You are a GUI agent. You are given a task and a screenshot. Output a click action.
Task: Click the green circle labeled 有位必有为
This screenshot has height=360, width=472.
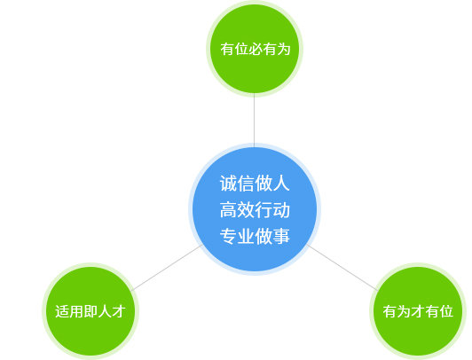(x=255, y=49)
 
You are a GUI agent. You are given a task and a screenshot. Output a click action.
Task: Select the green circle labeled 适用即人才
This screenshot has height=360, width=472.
(x=90, y=311)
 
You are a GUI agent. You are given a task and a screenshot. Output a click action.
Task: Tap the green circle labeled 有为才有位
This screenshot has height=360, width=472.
(x=418, y=311)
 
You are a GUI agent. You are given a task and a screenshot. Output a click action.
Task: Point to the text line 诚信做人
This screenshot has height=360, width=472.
(x=255, y=184)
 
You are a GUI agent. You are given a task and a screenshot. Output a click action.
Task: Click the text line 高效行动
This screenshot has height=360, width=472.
(x=255, y=209)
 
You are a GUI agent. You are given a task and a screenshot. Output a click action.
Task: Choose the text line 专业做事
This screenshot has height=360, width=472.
(x=255, y=236)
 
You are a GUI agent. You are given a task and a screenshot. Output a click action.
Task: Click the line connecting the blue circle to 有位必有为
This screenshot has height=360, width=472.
(x=254, y=121)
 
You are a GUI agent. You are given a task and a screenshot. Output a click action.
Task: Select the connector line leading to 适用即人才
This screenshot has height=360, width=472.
(x=167, y=268)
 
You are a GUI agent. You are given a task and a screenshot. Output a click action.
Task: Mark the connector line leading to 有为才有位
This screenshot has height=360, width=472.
(x=342, y=268)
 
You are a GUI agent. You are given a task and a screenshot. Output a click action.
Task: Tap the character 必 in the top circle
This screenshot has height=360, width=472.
(x=255, y=49)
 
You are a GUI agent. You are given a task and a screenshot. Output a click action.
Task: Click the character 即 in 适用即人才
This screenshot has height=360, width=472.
(x=90, y=311)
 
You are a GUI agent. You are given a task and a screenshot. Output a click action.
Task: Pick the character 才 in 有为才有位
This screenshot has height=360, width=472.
(x=418, y=311)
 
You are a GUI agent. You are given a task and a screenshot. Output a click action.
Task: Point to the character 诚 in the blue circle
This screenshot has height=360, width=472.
(x=228, y=184)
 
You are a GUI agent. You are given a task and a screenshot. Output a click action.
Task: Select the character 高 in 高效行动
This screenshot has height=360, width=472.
(x=228, y=209)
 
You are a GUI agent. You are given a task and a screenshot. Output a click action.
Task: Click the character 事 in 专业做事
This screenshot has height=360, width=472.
(x=281, y=236)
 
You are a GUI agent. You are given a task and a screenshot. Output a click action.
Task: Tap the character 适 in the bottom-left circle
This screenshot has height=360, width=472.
(x=62, y=311)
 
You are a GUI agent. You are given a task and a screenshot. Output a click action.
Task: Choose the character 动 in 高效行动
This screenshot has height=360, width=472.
(x=281, y=209)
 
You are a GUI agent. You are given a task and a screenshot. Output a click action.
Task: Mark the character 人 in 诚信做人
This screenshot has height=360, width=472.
(x=281, y=184)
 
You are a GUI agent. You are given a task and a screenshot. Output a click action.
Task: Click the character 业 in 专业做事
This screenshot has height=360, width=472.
(x=246, y=236)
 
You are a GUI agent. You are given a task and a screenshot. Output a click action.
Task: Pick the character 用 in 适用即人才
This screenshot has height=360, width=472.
(x=76, y=311)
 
